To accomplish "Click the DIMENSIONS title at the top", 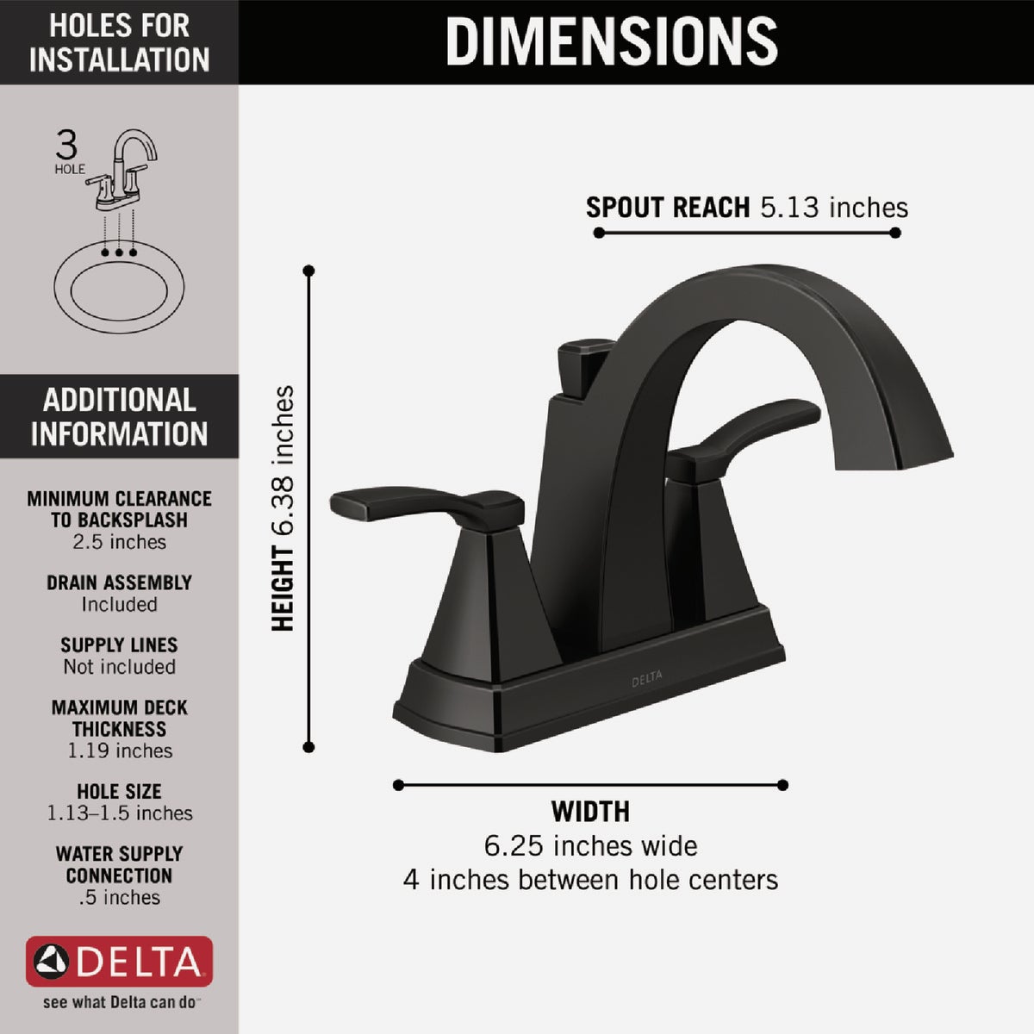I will point(611,40).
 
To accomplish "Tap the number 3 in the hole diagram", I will point(66,145).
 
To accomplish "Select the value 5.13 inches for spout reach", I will point(833,208).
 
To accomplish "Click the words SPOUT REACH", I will point(668,208).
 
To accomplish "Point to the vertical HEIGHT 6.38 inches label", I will point(283,508).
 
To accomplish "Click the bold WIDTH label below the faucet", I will point(590,812).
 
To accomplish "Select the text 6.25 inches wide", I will point(590,846).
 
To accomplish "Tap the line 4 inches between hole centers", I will point(590,880).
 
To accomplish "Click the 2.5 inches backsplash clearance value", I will point(119,542).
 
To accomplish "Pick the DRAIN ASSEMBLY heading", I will point(119,582).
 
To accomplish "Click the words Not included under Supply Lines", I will point(119,667).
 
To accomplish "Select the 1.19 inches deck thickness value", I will point(119,751).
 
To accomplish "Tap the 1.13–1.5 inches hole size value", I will point(119,813).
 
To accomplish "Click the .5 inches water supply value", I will point(119,897).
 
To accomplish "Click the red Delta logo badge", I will point(119,961).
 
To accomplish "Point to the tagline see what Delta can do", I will point(119,1003).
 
